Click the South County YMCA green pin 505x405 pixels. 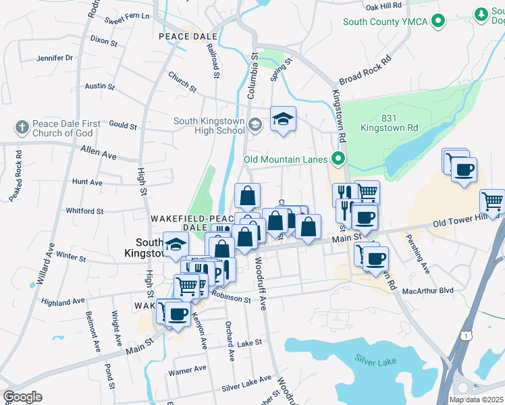click(440, 22)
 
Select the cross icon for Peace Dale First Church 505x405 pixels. click(22, 126)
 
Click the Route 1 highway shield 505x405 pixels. click(464, 335)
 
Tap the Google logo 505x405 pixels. click(22, 397)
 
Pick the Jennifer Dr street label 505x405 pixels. click(55, 58)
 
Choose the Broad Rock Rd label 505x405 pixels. click(365, 70)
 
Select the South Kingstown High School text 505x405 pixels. click(209, 126)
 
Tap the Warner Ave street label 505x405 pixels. click(187, 370)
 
